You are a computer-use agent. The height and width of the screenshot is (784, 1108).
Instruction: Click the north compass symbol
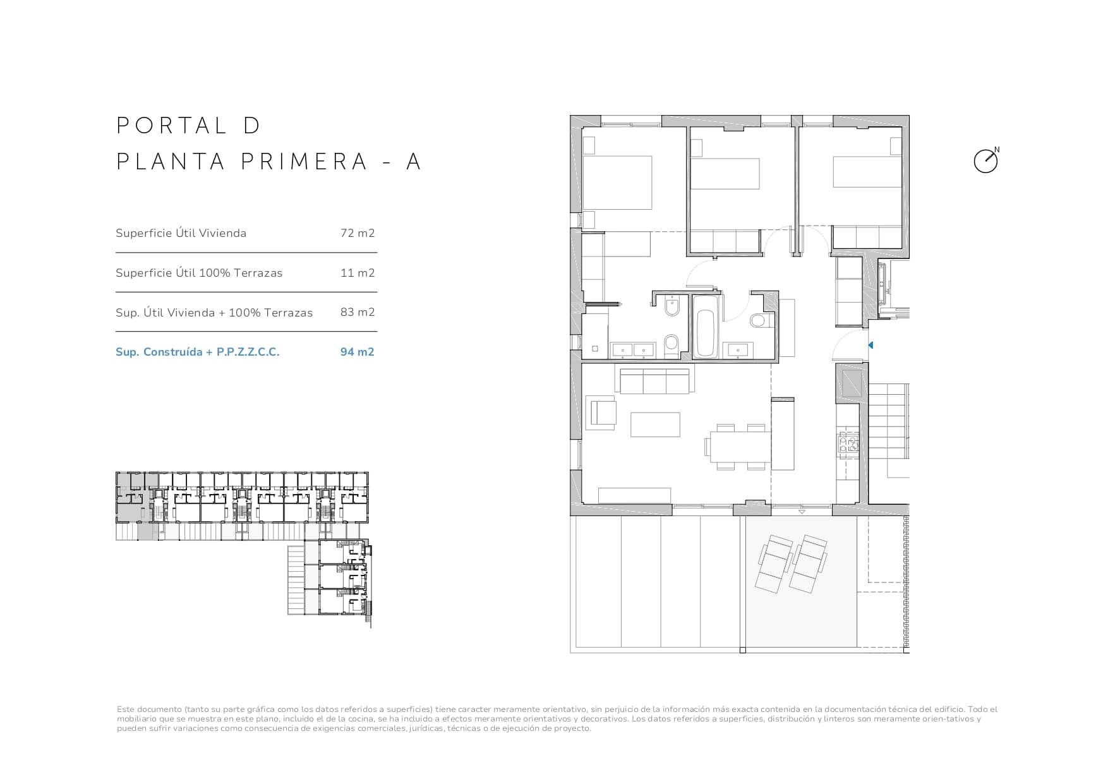[x=985, y=161]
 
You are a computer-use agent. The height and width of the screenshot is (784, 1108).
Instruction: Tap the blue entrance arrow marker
[x=870, y=346]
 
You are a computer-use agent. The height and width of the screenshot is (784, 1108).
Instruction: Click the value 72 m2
[x=357, y=233]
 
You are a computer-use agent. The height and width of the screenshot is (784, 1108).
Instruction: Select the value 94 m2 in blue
[x=357, y=352]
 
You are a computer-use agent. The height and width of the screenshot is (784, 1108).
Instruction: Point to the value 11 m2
[x=357, y=273]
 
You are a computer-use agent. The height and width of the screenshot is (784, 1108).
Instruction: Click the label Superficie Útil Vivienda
[x=181, y=233]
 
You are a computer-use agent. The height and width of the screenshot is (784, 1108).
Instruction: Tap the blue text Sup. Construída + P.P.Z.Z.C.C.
[x=197, y=352]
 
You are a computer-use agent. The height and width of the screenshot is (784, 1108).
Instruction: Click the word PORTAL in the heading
[x=171, y=125]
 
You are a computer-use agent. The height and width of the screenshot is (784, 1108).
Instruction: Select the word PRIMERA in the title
[x=304, y=162]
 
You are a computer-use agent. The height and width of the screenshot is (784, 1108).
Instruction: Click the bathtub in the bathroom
[x=704, y=325]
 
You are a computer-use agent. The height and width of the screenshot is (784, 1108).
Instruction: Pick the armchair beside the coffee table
[x=602, y=413]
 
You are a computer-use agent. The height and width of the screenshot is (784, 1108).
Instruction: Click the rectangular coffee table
[x=655, y=424]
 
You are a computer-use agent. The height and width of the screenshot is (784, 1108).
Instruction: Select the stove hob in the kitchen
[x=848, y=444]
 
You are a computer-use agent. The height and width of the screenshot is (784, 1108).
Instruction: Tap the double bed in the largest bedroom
[x=617, y=183]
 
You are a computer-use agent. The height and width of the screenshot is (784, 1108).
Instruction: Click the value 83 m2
[x=357, y=312]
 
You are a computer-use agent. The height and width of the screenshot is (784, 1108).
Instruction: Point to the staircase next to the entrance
[x=889, y=430]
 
